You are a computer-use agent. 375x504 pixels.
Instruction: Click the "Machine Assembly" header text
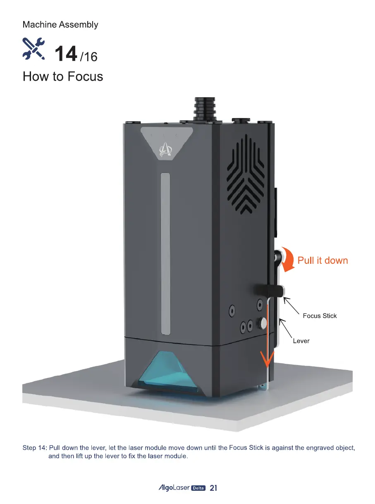point(60,24)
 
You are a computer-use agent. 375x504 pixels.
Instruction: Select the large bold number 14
point(65,54)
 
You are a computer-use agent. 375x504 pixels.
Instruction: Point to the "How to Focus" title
point(63,76)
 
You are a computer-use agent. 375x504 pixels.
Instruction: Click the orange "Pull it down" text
point(322,260)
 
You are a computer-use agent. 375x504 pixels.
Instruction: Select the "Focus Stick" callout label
point(320,316)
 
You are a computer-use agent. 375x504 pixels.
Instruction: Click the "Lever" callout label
point(301,341)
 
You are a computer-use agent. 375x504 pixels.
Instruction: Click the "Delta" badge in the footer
point(199,488)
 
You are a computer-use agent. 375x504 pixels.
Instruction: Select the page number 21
point(213,488)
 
